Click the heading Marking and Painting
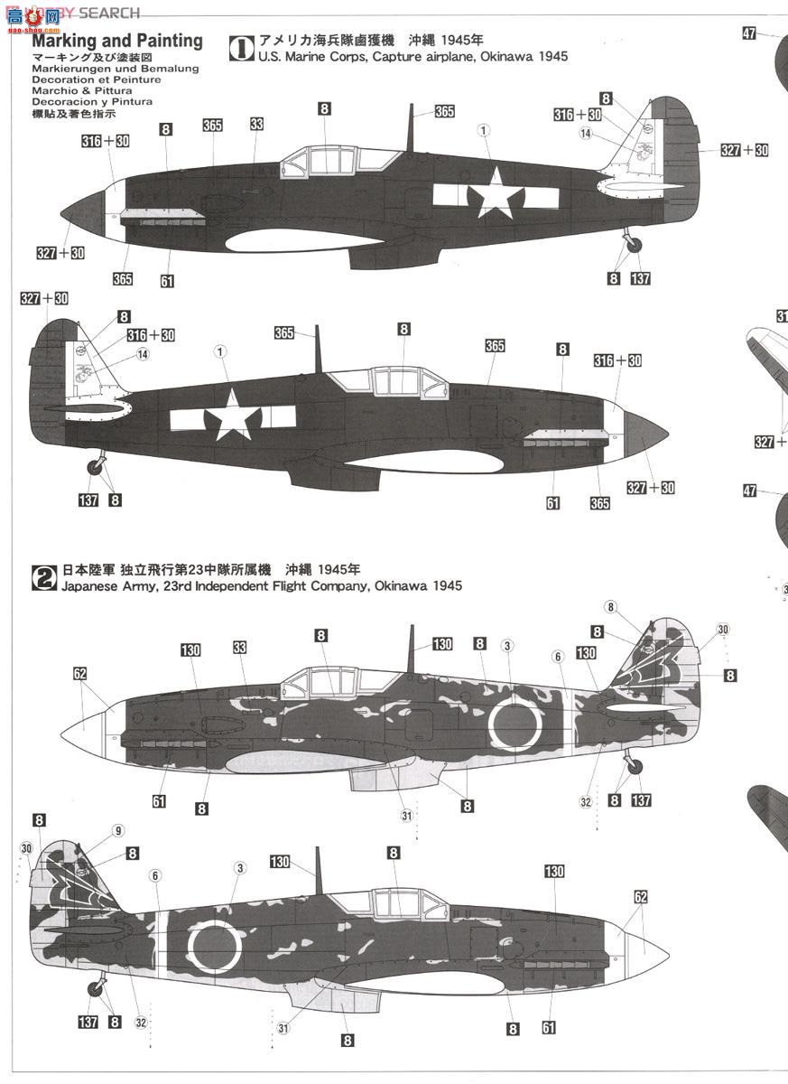[117, 41]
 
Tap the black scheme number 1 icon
[241, 48]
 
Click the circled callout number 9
[117, 831]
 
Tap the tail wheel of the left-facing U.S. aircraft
[635, 243]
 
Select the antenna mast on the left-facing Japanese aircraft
[412, 648]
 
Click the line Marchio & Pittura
[81, 91]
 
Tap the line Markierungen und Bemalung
[115, 69]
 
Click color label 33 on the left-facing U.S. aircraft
[257, 124]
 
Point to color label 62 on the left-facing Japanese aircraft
[79, 673]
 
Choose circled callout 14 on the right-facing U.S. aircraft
[143, 355]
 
